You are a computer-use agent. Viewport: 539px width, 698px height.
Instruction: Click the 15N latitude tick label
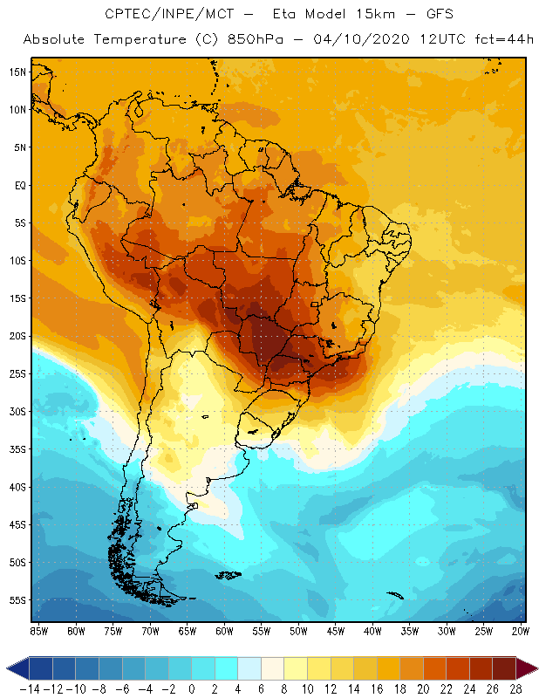17,72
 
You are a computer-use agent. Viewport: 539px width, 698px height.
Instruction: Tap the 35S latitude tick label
17,449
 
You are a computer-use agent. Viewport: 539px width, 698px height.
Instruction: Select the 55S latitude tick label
17,600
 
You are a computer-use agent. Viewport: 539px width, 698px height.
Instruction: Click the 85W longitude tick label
38,631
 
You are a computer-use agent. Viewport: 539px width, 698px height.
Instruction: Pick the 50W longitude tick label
298,631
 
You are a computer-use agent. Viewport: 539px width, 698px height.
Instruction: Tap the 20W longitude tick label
522,631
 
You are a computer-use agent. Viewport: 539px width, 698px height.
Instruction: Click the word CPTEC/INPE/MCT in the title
160,15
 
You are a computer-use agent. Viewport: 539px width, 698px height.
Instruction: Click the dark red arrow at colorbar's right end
529,668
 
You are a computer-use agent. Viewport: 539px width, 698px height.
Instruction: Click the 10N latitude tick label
17,110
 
